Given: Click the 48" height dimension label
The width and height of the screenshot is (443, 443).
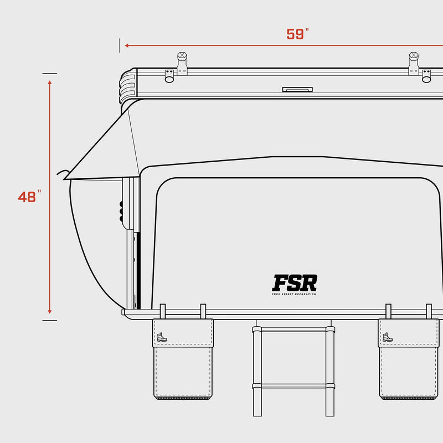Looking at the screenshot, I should click(29, 197).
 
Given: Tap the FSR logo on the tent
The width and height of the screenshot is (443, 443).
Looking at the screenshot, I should click(295, 283).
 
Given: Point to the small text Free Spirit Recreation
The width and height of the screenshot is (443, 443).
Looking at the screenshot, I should click(295, 294).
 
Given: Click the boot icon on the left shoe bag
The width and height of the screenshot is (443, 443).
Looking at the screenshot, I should click(161, 337).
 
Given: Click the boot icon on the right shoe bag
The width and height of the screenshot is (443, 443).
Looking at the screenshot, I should click(387, 337).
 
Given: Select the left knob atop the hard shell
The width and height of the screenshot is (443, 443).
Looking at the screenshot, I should click(182, 57).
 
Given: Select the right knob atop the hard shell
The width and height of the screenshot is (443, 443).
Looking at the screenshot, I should click(414, 57).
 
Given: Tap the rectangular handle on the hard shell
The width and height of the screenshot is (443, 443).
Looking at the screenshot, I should click(297, 89).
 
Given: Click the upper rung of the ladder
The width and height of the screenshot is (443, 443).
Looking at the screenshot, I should click(294, 329).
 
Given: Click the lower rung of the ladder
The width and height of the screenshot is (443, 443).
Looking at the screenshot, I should click(294, 386).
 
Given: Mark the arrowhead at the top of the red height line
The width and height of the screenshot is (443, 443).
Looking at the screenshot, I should click(50, 83).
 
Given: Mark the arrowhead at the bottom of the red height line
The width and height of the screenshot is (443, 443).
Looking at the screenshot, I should click(50, 311).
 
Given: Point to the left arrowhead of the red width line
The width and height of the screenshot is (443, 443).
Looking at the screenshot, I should click(127, 45).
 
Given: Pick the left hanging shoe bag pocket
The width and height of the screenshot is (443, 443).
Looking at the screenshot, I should click(183, 365).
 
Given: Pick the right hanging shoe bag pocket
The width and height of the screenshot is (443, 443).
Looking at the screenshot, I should click(409, 365).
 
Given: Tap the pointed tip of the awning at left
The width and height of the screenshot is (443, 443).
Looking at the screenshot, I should click(65, 179).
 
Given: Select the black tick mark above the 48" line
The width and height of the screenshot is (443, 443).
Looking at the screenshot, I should click(50, 73).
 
